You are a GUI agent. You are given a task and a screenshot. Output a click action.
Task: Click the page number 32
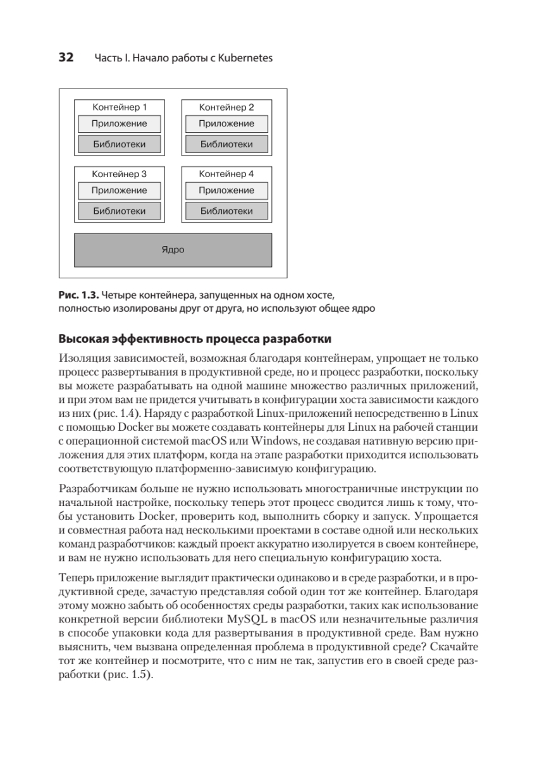click(66, 58)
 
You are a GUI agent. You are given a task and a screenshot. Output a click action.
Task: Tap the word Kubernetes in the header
click(245, 59)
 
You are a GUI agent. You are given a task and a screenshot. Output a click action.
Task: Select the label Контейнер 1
click(120, 107)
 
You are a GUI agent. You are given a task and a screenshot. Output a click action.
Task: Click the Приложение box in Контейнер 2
click(226, 124)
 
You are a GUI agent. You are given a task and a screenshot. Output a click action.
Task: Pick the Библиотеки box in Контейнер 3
click(120, 211)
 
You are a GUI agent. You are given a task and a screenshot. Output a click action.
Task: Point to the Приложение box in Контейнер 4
click(226, 190)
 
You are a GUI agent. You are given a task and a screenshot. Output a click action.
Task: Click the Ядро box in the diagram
click(173, 250)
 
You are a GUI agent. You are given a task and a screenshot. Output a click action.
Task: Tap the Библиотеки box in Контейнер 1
click(120, 144)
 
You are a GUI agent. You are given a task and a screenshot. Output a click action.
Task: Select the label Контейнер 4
click(226, 173)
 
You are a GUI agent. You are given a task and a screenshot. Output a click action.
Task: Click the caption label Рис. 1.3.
click(78, 295)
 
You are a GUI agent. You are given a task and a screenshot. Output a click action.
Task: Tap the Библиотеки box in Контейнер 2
click(226, 144)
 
